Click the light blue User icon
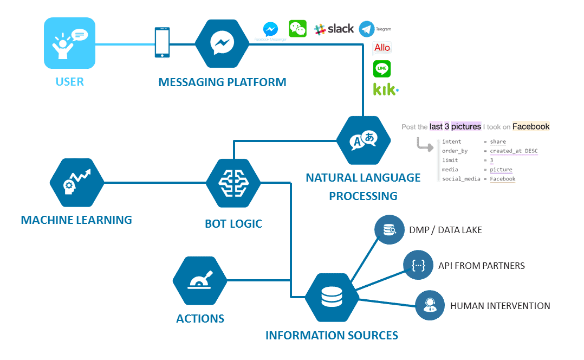point(69,43)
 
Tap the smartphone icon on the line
point(162,42)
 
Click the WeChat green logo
point(297,29)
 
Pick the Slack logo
point(334,29)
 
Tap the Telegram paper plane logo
point(367,29)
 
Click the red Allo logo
point(382,48)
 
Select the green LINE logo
point(382,69)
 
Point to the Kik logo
point(385,89)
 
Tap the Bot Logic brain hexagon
point(233,183)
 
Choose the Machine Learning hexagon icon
point(76,183)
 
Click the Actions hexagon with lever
point(199,281)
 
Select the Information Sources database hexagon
point(332,297)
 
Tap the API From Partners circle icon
point(418,265)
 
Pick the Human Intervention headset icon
point(430,305)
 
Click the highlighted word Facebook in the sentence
point(530,126)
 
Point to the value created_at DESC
point(514,151)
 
